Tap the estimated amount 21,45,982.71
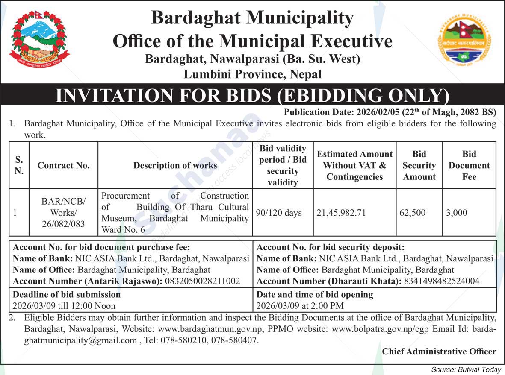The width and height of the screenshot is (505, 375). coord(341,213)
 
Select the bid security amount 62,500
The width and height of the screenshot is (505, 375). coord(413,213)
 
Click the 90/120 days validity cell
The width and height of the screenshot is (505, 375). coord(279,213)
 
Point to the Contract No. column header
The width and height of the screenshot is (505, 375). coord(63,166)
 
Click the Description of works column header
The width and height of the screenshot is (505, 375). coord(175,166)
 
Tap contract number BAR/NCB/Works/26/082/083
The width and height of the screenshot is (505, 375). coord(63,213)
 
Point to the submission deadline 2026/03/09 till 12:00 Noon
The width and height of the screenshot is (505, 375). coord(64,306)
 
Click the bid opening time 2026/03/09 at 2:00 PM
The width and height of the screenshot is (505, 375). coord(300,306)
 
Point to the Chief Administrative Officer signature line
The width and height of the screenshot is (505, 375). coord(439,352)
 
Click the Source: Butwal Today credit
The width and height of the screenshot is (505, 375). coord(466,370)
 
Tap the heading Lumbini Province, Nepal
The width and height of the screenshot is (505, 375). coord(252,74)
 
